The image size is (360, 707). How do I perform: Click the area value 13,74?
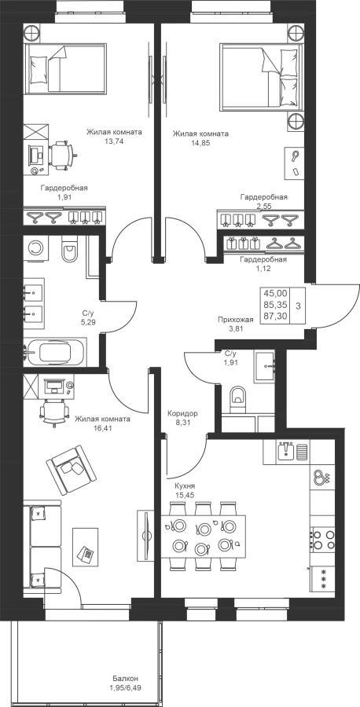click(114, 141)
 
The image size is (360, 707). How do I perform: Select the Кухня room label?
click(185, 486)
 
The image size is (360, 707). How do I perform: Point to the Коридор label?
click(182, 413)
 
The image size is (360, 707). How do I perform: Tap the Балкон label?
click(126, 678)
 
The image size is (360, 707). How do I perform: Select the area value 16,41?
click(102, 427)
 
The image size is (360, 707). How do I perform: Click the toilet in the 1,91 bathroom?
click(237, 397)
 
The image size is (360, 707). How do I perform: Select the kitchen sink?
click(286, 451)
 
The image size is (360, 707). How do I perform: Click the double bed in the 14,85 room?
click(261, 77)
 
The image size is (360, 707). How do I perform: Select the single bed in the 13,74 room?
click(66, 69)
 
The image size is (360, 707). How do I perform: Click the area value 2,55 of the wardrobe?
click(265, 206)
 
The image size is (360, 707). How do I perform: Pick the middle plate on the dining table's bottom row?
click(200, 549)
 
